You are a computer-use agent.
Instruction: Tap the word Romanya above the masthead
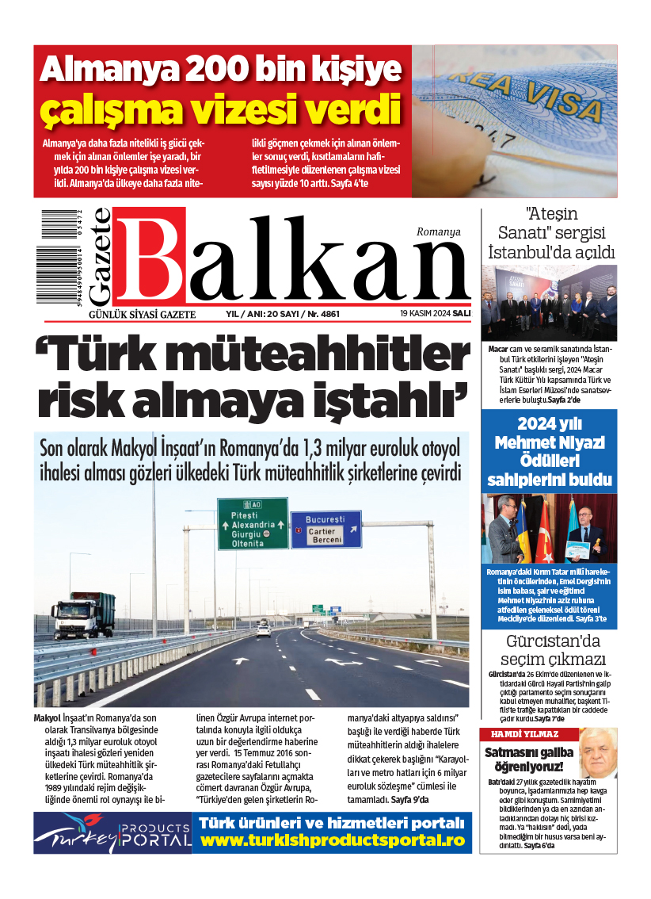438,231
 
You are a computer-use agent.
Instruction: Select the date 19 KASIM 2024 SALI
436,314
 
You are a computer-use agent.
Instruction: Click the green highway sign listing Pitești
253,524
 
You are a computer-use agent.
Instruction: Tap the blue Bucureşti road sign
325,529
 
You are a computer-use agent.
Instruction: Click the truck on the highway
83,614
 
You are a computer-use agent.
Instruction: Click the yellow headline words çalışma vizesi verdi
221,109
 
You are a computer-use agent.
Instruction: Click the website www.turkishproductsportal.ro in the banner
333,840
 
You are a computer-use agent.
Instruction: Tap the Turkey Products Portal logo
113,832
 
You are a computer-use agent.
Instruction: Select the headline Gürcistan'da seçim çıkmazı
554,650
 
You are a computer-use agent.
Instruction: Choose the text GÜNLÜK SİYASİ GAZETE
142,315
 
